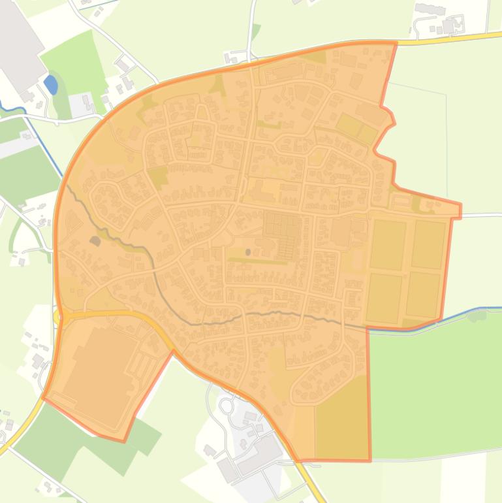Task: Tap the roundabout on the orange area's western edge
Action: (60, 317)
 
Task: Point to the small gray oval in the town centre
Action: (247, 252)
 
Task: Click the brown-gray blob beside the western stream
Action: (96, 242)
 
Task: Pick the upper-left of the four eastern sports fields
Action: (388, 244)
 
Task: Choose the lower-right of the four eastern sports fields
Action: (422, 294)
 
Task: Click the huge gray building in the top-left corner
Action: (20, 46)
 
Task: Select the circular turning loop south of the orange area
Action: (226, 406)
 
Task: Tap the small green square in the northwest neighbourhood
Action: (157, 175)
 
